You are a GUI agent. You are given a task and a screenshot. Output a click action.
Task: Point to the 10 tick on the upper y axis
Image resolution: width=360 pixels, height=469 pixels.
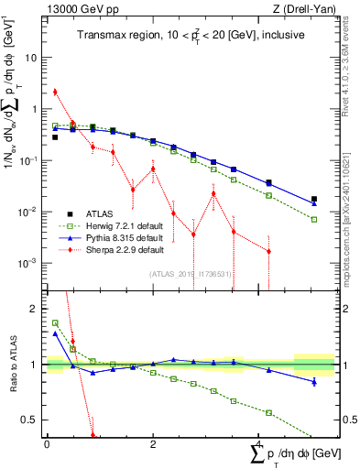(x=33, y=57)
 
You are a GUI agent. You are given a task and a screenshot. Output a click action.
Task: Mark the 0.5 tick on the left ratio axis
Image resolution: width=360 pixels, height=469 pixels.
(x=32, y=420)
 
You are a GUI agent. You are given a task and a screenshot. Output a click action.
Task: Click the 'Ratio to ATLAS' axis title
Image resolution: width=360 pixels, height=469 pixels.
(x=10, y=365)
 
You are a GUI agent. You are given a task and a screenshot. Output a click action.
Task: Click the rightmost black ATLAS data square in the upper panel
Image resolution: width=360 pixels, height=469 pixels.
(x=314, y=199)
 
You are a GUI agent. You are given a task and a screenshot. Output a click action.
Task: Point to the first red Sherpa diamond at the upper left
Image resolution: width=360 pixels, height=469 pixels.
(x=55, y=92)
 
